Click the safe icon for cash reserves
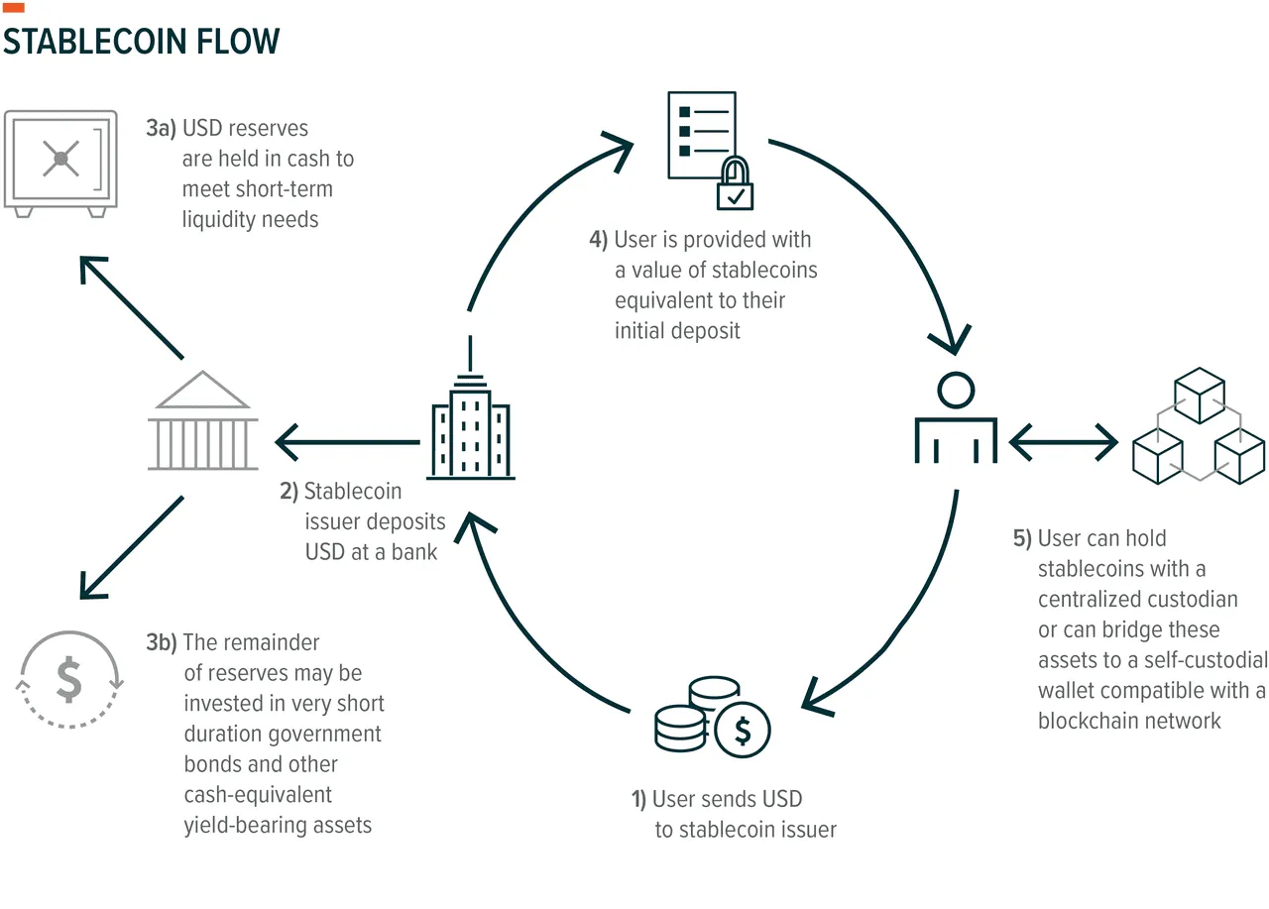60,163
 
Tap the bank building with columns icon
206,421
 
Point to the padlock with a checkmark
735,184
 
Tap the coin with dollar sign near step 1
741,731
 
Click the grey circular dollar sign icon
68,679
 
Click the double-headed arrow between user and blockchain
1064,440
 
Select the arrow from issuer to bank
347,441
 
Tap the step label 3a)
161,128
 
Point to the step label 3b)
161,642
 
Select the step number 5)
1021,538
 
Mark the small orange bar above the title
14,8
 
